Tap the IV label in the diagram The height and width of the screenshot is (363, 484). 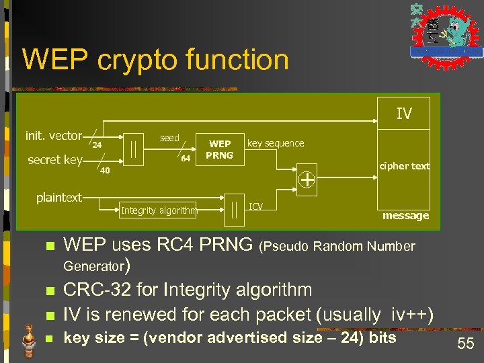tap(403, 114)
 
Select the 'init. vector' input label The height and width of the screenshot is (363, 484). tap(53, 136)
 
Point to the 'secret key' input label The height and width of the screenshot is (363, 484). tap(54, 160)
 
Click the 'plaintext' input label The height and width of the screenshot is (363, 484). tap(58, 198)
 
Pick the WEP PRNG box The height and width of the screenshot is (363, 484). tap(219, 150)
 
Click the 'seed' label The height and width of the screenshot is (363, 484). tap(169, 138)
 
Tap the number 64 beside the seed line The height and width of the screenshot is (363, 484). tap(186, 159)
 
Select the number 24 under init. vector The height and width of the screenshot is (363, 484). tap(97, 145)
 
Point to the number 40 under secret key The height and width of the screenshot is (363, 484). tap(104, 170)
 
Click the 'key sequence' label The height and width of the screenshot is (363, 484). tap(276, 143)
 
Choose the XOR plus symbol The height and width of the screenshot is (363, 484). tap(307, 179)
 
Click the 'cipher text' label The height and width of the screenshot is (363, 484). tap(404, 166)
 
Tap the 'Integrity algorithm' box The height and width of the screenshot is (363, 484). tap(159, 210)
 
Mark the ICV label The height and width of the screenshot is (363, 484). tap(256, 206)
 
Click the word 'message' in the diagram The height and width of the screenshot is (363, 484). tap(405, 216)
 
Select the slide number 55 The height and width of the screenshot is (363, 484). tap(465, 345)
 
